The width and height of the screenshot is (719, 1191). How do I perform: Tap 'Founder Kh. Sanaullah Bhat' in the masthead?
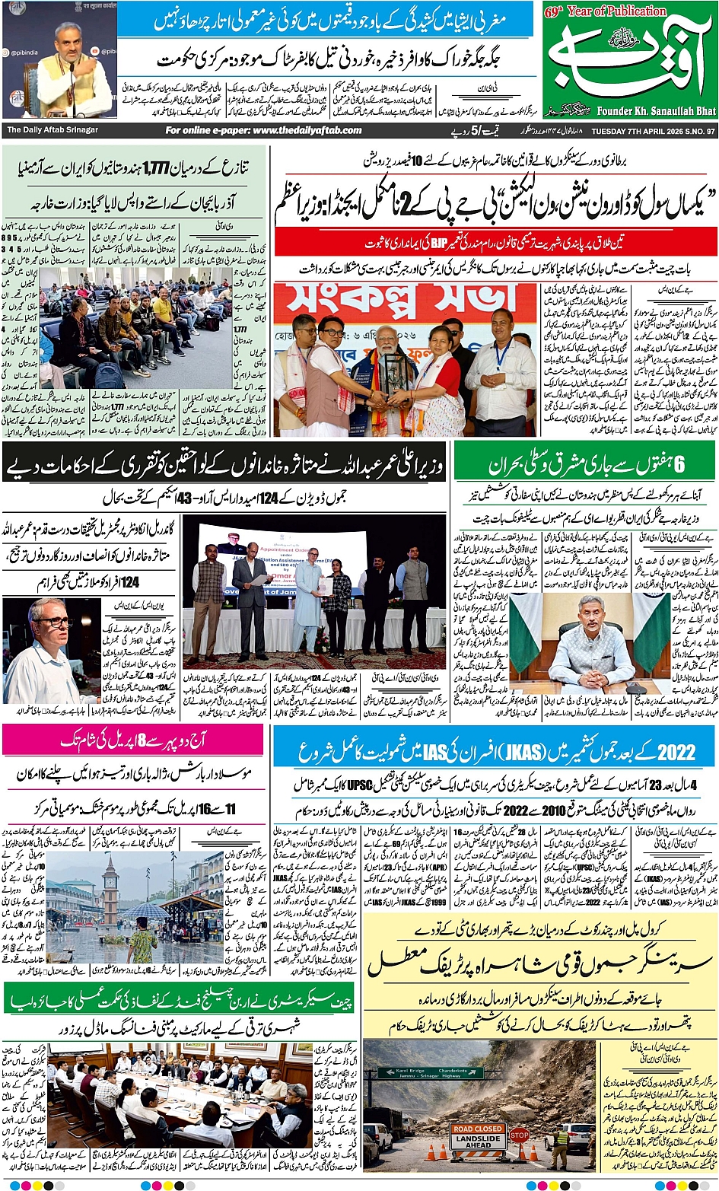point(656,111)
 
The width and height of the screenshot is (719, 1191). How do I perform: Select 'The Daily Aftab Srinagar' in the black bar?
point(53,130)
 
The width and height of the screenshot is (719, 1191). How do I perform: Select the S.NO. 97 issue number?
point(697,130)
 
